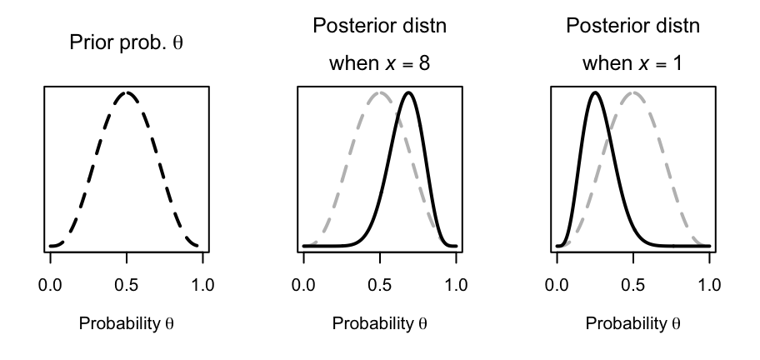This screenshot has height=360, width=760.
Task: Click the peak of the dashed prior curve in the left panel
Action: pos(127,92)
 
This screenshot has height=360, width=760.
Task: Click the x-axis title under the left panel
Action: pos(127,322)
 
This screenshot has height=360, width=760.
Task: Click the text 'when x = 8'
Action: pos(380,62)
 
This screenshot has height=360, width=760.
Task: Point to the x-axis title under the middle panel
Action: pos(380,322)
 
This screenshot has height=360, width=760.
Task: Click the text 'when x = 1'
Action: pos(633,62)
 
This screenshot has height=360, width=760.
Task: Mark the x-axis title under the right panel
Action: pos(633,322)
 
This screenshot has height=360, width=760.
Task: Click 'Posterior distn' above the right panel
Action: pos(633,26)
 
